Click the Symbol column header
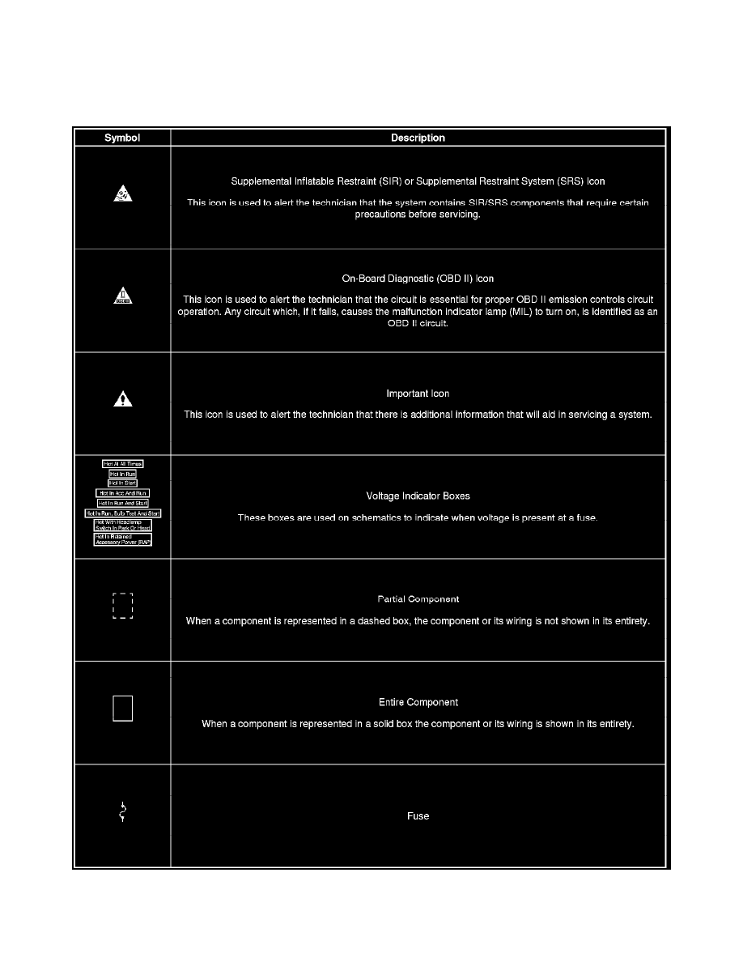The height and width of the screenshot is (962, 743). coord(122,138)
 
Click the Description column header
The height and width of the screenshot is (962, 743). coord(418,138)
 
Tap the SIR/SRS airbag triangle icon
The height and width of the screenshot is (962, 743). coord(122,194)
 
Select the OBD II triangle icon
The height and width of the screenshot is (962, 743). coord(122,296)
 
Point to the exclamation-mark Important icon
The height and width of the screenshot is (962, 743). coord(122,398)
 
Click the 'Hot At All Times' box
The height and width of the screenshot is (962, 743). coord(123,464)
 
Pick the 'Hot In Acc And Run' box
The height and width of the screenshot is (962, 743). coord(123,492)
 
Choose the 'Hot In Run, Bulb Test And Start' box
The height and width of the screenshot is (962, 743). coord(123,513)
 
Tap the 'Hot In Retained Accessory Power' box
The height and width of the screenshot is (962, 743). coord(123,539)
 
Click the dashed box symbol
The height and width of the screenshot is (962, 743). coord(122,606)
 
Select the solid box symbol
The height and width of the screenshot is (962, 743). coord(122,708)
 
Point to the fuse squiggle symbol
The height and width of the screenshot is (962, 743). coord(122,812)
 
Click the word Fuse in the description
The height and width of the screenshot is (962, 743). coord(418,816)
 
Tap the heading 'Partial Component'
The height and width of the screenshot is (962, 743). coord(418,599)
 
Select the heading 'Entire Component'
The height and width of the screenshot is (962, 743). coord(418,702)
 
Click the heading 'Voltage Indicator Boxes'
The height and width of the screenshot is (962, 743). coord(418,496)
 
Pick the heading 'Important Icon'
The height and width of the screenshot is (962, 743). coord(418,394)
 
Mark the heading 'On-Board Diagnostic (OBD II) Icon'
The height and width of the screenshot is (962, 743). coord(418,279)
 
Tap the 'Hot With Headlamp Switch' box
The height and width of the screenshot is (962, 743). coord(123,525)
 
